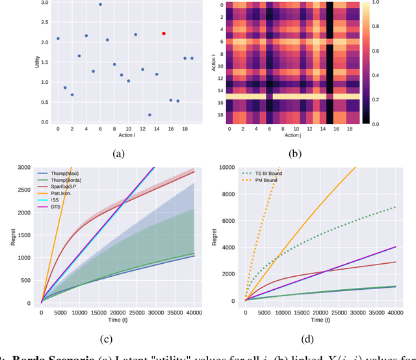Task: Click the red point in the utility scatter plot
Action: [x=164, y=33]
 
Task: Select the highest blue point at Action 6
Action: [x=100, y=5]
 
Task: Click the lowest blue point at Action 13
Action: [x=149, y=115]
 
